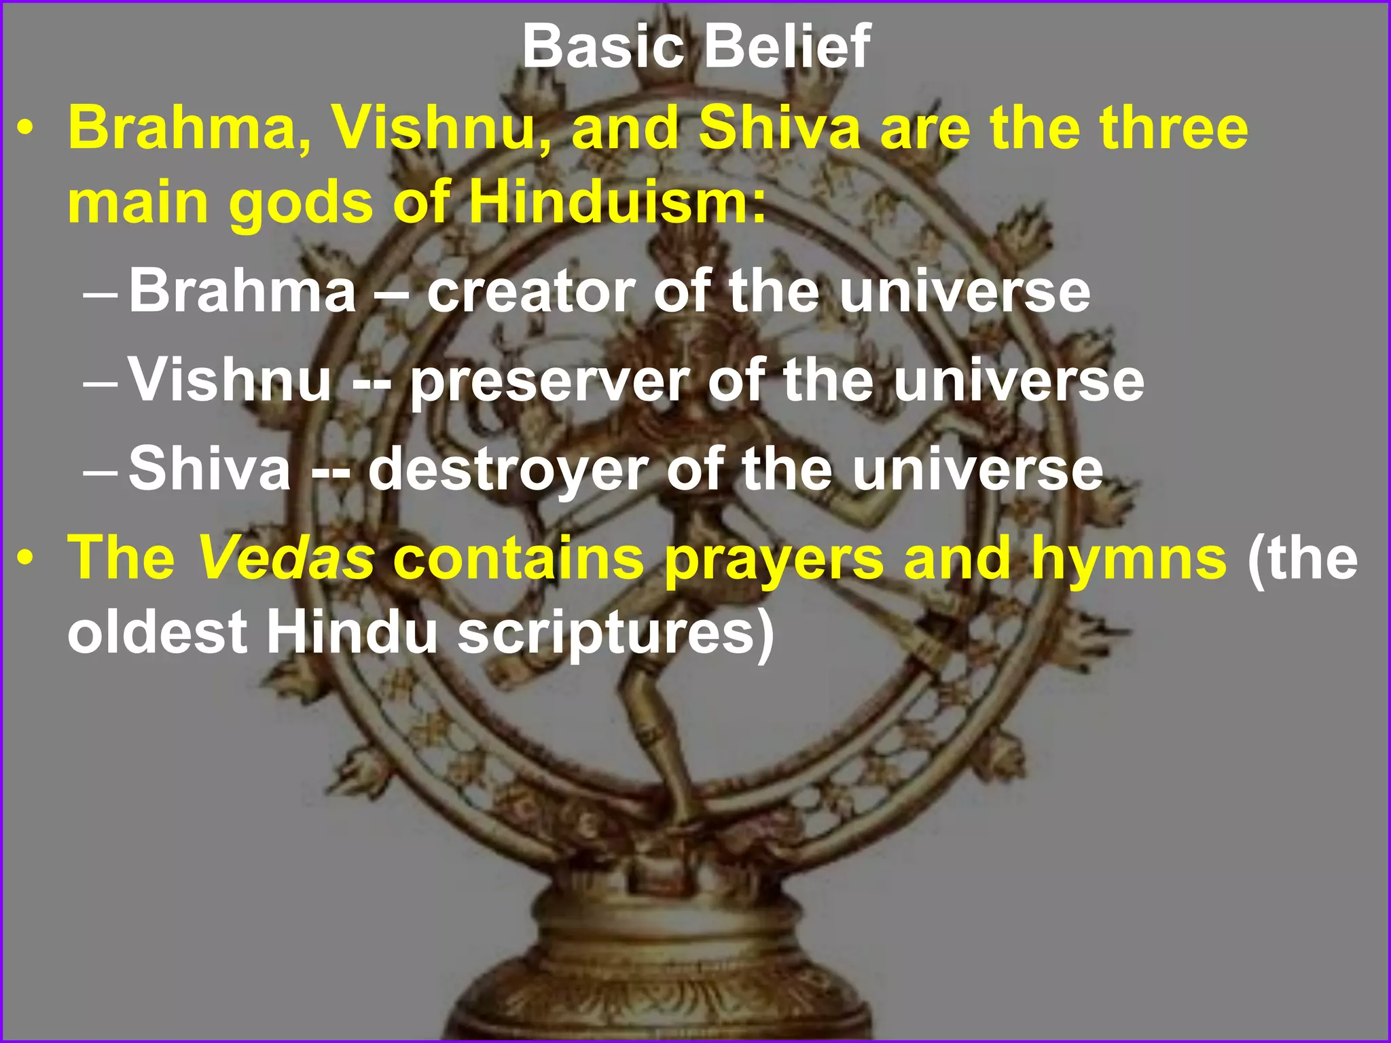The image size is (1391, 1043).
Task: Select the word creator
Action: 530,292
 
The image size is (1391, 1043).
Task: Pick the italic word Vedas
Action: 286,558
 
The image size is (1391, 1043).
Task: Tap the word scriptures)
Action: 615,634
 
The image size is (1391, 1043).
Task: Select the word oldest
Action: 157,634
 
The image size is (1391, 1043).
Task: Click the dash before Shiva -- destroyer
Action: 100,471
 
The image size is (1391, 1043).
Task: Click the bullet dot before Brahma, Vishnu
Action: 26,129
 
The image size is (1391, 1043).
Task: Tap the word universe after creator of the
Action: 964,292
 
